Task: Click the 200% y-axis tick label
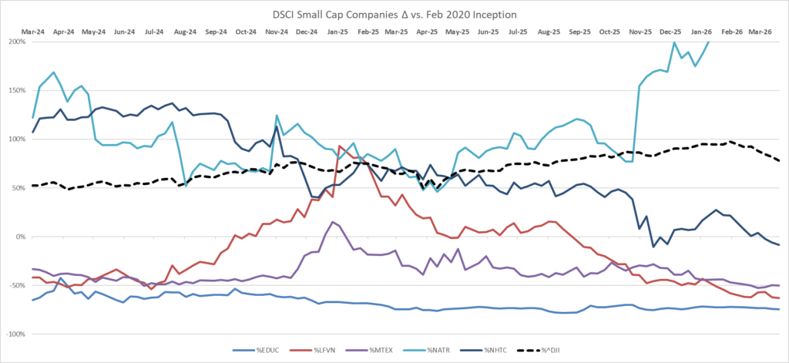[x=18, y=42]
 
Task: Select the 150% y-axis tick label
[x=18, y=91]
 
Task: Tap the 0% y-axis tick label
[x=20, y=237]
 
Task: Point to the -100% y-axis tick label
[x=15, y=334]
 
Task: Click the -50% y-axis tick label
[x=18, y=285]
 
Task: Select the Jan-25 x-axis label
[x=337, y=32]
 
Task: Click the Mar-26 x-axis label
[x=760, y=32]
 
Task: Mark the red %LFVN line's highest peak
[x=340, y=146]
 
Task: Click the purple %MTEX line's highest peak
[x=333, y=221]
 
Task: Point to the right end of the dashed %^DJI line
[x=779, y=161]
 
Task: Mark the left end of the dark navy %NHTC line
[x=33, y=133]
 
